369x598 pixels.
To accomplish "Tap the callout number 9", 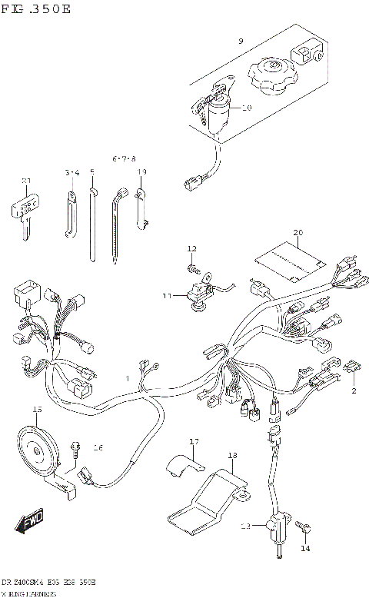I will (241, 41).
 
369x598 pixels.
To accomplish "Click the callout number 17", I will (194, 441).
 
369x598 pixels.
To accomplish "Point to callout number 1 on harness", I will (128, 379).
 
